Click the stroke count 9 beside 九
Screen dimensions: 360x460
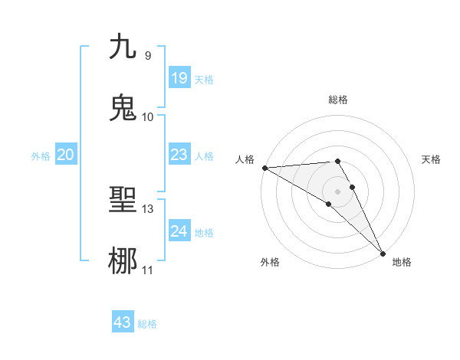coord(147,55)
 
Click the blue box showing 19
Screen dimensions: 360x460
coord(179,78)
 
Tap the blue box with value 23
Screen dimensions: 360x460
coord(179,155)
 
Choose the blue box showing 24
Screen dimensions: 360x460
coord(179,231)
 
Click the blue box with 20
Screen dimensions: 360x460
coord(65,155)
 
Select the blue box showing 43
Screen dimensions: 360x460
coord(123,322)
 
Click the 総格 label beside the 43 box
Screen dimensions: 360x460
coord(147,324)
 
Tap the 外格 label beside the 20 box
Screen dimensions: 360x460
coord(41,156)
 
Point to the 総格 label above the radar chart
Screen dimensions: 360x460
coord(338,100)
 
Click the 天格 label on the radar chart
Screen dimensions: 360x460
coord(432,159)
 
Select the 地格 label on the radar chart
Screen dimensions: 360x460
coord(402,263)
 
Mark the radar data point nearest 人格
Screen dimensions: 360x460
coord(264,168)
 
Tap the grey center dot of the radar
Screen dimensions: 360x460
coord(338,191)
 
